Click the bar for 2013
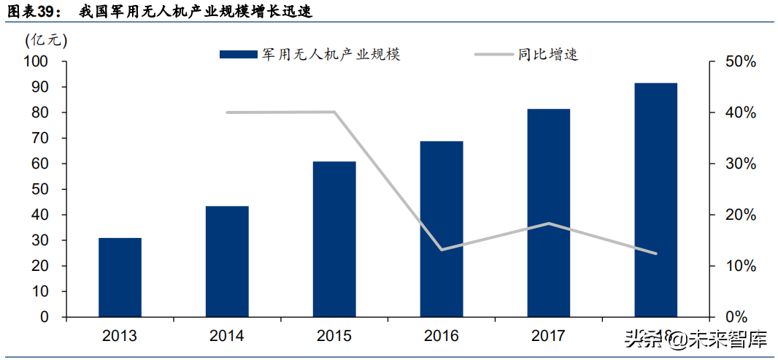pos(120,277)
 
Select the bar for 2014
pos(227,261)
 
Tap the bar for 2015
pos(334,239)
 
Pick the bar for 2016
pos(442,229)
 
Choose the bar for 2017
pos(549,212)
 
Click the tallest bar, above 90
pos(655,199)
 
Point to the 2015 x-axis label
pos(334,336)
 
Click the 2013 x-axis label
pos(120,336)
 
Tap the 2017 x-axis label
pos(549,336)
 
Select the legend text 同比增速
pos(548,55)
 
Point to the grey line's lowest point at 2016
pos(442,250)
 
